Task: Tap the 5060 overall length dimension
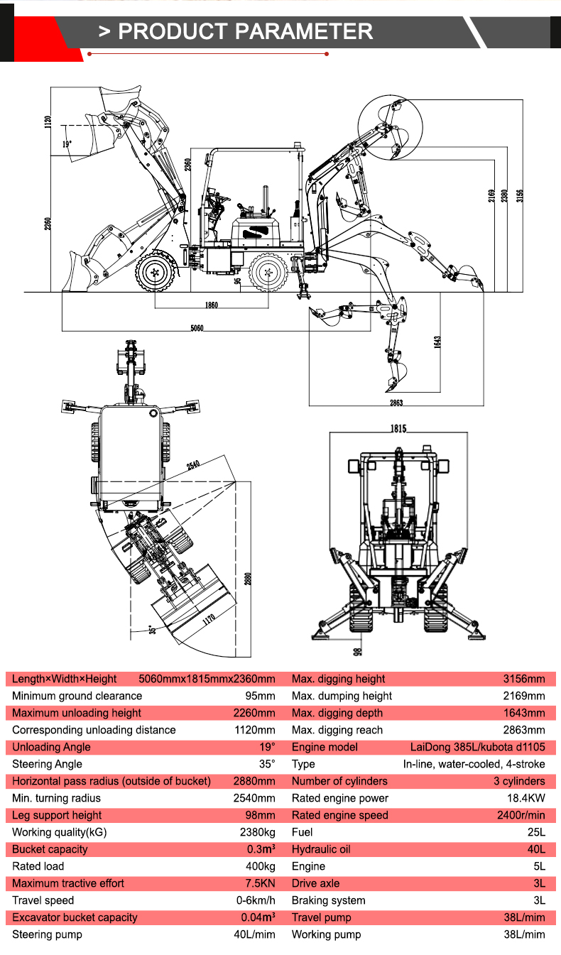(197, 328)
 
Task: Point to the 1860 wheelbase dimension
(210, 305)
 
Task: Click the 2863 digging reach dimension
(396, 403)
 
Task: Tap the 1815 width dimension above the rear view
(398, 428)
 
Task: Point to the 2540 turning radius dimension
(193, 466)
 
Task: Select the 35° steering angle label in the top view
(151, 628)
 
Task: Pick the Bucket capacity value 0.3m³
(261, 849)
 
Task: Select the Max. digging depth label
(337, 713)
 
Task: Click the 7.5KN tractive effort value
(260, 883)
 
